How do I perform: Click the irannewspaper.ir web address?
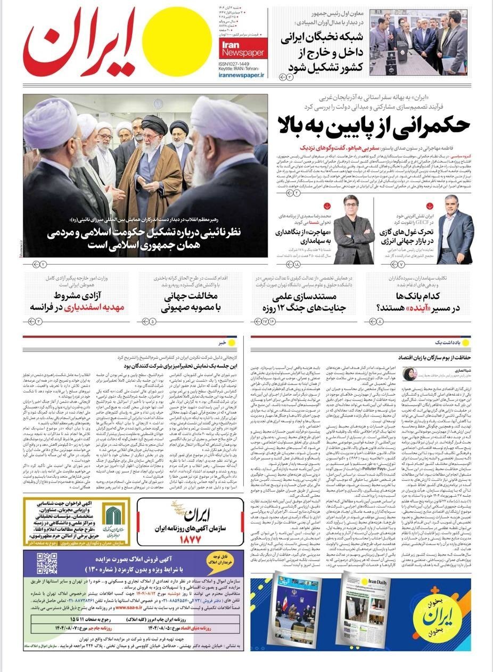pos(241,76)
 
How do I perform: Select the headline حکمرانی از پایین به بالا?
pos(373,124)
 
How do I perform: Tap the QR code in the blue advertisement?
pos(46,563)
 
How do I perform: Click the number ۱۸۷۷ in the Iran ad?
pos(190,538)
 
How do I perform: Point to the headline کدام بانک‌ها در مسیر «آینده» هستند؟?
pos(415,301)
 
